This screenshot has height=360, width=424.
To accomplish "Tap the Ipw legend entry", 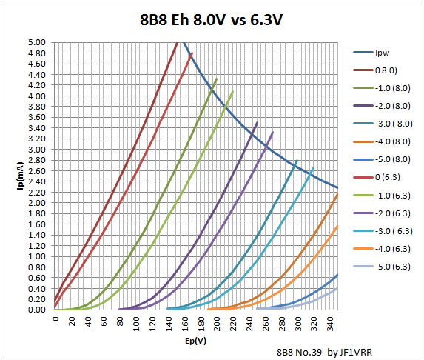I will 382,53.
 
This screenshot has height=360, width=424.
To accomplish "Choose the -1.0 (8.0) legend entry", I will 391,88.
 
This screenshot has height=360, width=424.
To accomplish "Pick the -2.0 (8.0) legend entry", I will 391,106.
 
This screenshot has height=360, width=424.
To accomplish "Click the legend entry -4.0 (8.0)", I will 391,141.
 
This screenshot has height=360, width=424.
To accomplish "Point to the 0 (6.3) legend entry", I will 388,177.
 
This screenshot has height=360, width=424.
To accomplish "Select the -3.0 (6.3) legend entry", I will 391,230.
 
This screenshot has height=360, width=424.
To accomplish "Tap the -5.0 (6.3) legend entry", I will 391,266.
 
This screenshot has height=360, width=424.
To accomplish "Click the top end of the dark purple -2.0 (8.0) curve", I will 257,122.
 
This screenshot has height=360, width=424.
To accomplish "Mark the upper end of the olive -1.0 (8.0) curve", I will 217,78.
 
